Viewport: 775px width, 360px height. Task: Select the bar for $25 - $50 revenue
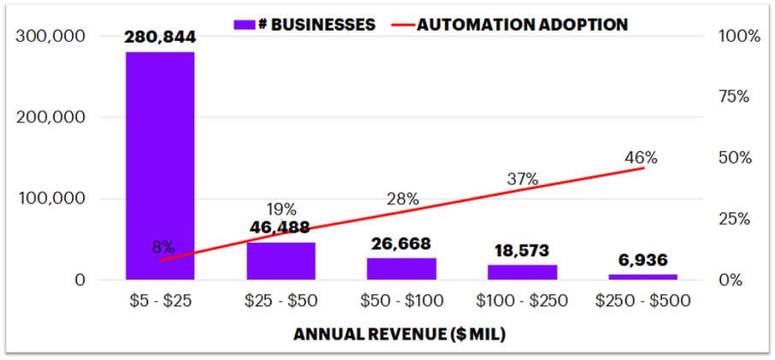coord(281,261)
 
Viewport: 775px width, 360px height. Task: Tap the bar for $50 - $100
coord(402,269)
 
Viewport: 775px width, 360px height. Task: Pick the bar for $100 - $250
coord(522,272)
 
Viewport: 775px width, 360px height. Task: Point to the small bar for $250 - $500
coord(642,276)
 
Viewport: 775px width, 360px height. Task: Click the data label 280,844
coord(160,38)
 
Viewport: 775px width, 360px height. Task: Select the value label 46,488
coord(281,227)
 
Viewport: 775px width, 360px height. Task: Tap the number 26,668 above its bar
coord(401,244)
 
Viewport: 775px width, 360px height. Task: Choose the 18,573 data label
coord(522,251)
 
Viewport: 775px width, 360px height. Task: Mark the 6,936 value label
coord(642,260)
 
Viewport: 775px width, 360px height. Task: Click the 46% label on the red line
coord(641,157)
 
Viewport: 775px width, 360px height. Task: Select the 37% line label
coord(522,179)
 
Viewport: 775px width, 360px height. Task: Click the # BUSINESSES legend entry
coord(305,25)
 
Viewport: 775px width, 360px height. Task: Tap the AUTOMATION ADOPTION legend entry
coord(512,25)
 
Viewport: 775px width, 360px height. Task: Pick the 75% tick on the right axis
coord(732,97)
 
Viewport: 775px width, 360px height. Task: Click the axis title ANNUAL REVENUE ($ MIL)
coord(399,334)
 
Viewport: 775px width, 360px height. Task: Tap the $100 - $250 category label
coord(522,301)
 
